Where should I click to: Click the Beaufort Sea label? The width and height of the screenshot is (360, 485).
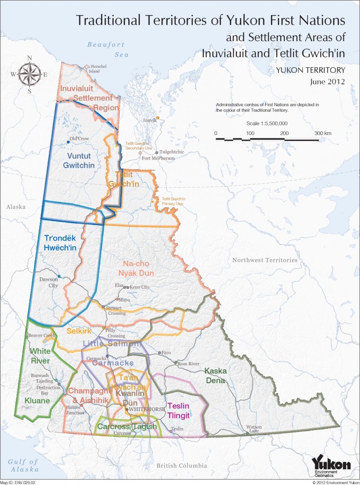(106, 49)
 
